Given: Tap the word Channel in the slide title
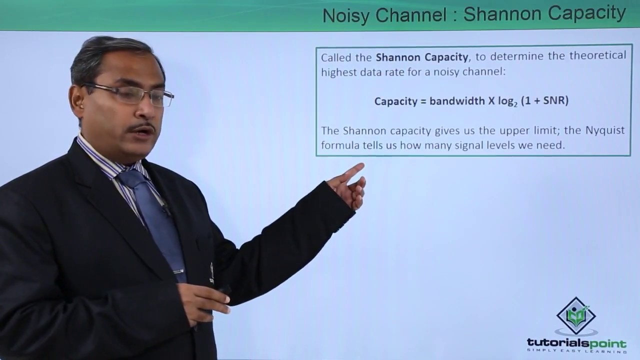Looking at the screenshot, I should pyautogui.click(x=409, y=15).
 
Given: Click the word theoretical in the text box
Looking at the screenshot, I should pyautogui.click(x=597, y=56).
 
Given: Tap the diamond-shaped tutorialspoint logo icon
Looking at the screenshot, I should pyautogui.click(x=576, y=316).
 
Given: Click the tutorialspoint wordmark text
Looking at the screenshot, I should pyautogui.click(x=576, y=343).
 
